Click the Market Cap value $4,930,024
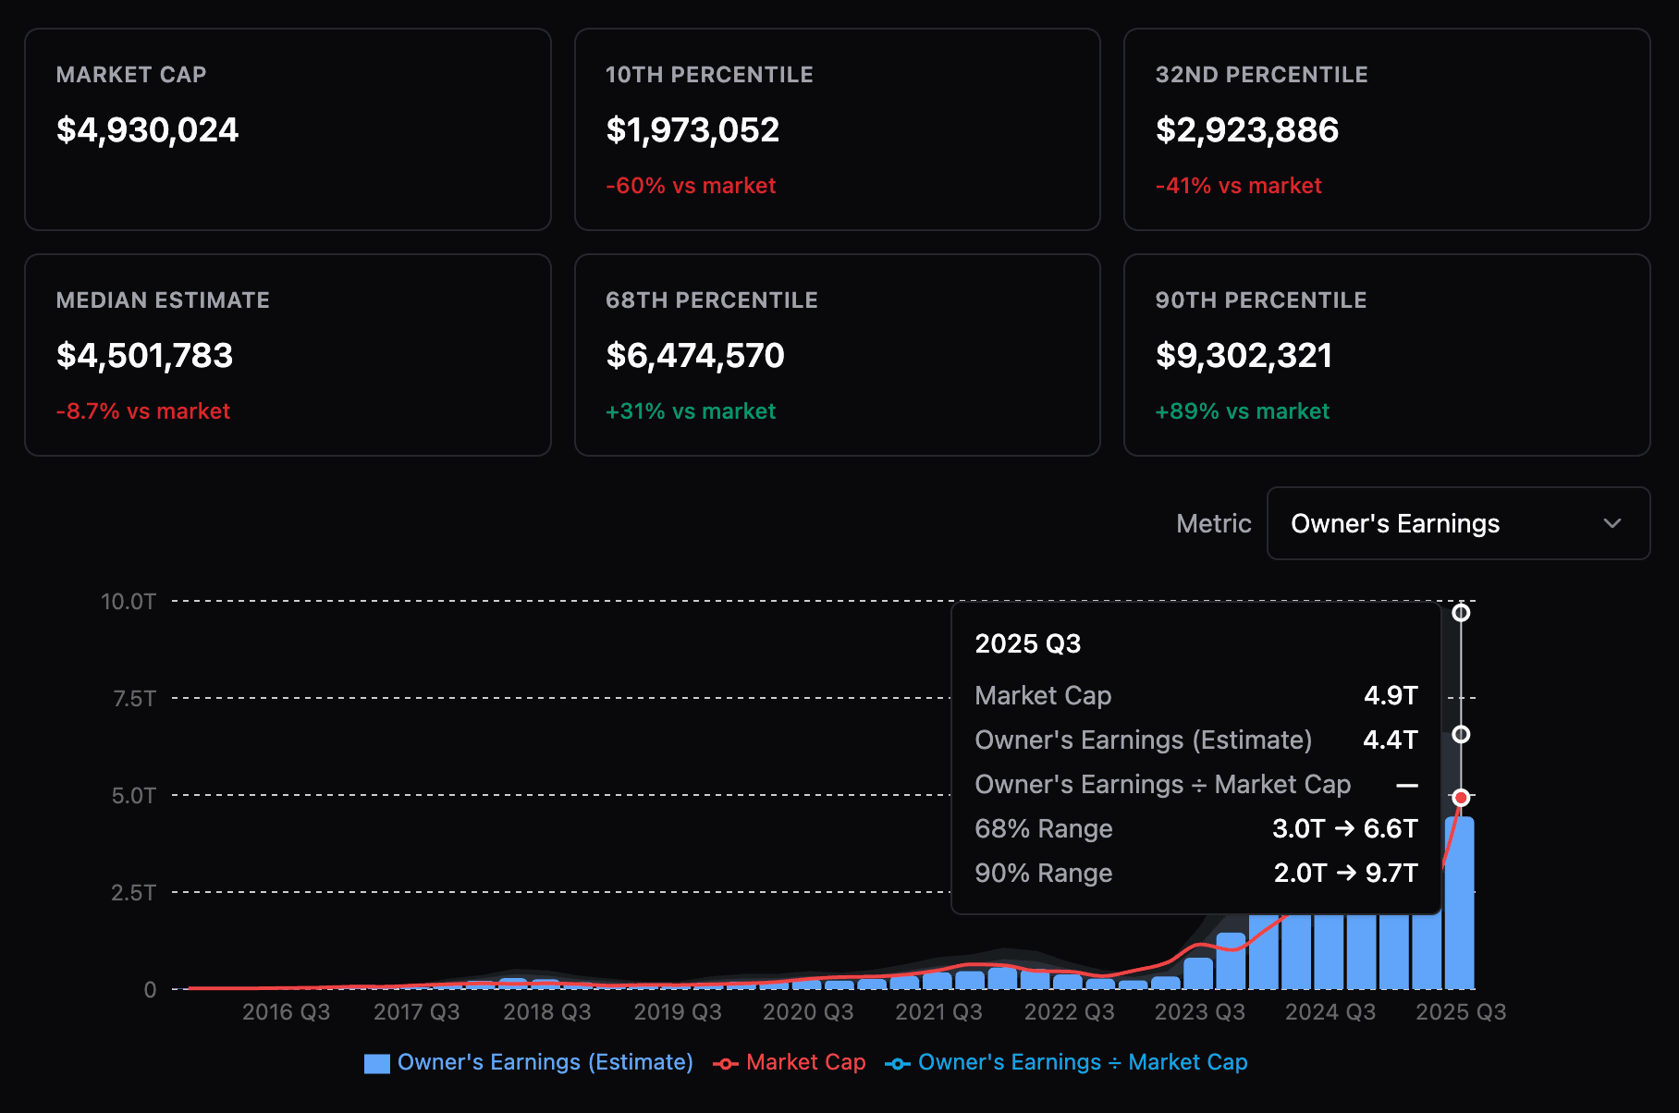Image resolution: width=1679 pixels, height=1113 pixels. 147,130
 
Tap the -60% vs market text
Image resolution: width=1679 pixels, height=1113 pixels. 690,186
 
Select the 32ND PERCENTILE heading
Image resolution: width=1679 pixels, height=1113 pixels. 1261,75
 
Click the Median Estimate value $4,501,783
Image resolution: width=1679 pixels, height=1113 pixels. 144,356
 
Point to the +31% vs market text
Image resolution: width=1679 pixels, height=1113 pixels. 690,411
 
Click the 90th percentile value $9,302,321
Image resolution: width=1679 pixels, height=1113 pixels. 1244,356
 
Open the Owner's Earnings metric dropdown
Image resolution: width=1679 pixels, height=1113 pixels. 1457,523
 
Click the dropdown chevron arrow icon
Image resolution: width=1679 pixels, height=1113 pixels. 1612,523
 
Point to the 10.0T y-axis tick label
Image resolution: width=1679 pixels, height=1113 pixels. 128,602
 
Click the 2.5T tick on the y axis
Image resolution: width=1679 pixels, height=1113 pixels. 133,893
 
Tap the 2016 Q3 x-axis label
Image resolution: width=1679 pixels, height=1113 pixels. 286,1012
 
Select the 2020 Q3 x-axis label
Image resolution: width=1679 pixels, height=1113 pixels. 808,1012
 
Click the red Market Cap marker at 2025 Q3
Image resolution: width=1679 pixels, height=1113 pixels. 1461,798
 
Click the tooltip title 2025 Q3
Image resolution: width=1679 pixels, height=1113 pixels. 1027,643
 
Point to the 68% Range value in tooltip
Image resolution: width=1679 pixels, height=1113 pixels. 1344,828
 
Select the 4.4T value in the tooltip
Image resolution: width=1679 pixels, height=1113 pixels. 1390,740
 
